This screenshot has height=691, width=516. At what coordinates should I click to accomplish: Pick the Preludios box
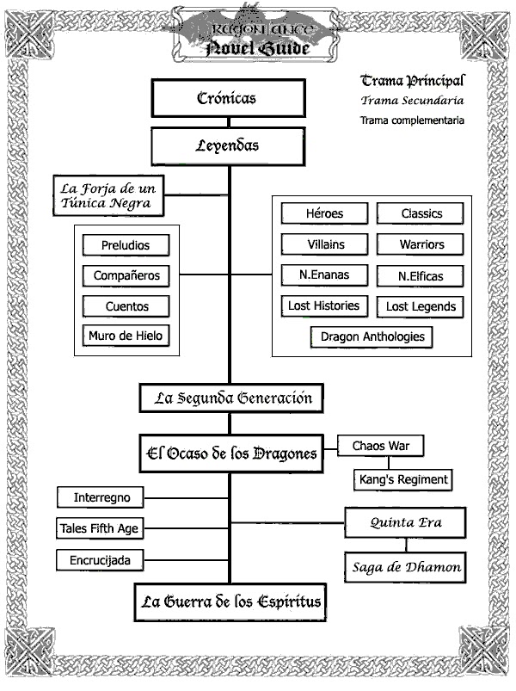point(126,245)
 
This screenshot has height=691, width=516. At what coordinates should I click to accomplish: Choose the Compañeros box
point(126,276)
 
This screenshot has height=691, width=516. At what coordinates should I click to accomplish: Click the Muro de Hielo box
point(126,336)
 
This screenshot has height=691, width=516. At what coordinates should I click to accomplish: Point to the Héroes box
point(325,213)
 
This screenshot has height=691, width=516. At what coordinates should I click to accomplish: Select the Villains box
point(325,244)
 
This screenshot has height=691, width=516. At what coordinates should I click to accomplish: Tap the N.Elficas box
point(421,276)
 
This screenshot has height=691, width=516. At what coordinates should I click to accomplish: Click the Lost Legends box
point(421,306)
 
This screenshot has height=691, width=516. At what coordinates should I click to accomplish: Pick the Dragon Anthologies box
point(372,336)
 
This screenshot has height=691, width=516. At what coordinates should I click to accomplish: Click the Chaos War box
point(381,447)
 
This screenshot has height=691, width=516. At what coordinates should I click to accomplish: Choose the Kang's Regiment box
point(402,479)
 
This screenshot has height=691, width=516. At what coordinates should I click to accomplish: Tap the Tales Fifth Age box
point(99,528)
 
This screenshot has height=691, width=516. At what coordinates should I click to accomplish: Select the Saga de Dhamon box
point(405,567)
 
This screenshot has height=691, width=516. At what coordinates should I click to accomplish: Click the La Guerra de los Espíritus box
point(230,602)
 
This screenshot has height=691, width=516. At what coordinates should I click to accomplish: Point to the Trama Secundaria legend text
point(412,101)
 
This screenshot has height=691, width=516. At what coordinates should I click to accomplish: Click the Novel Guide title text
point(258,49)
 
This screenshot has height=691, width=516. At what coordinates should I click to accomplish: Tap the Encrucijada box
point(99,561)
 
